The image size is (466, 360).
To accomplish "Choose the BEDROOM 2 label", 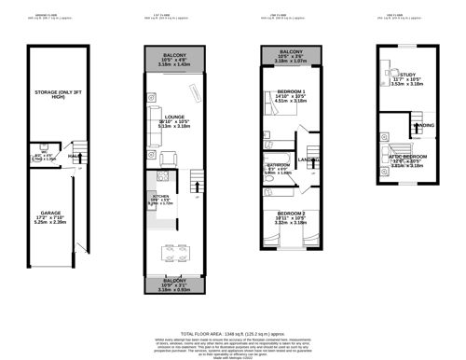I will pyautogui.click(x=292, y=214).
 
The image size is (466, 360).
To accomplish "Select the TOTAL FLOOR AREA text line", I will pyautogui.click(x=232, y=332).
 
